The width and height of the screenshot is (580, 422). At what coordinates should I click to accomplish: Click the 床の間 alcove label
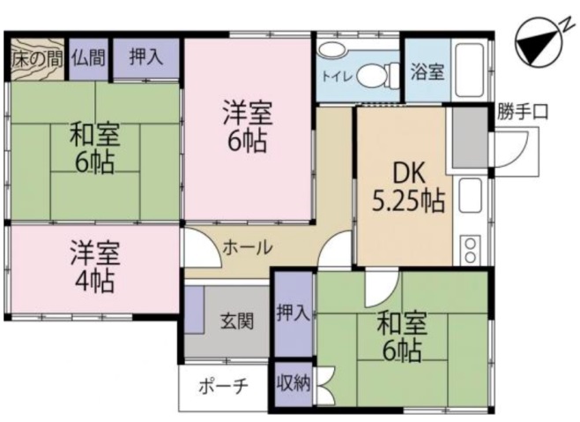point(37,59)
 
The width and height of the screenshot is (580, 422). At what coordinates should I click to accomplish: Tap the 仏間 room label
point(88,57)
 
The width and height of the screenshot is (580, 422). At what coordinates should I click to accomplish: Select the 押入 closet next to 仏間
point(145,57)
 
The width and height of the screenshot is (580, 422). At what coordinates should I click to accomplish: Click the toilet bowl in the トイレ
point(375,76)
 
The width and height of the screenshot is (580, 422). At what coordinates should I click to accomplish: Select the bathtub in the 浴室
point(470,71)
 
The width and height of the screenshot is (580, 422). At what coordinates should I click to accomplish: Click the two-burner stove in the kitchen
point(470,250)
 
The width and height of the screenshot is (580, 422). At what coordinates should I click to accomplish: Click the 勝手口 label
point(522,111)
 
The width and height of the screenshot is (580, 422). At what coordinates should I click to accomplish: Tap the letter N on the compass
point(566,26)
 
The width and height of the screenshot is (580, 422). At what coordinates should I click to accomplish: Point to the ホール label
point(248,247)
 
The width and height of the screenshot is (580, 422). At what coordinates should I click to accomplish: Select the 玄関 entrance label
point(237,321)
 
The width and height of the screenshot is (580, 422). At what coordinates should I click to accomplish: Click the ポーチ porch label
point(223,388)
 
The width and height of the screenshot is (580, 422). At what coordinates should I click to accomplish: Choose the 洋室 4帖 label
point(94,268)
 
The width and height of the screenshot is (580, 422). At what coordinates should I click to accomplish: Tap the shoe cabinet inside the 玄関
point(195,310)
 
